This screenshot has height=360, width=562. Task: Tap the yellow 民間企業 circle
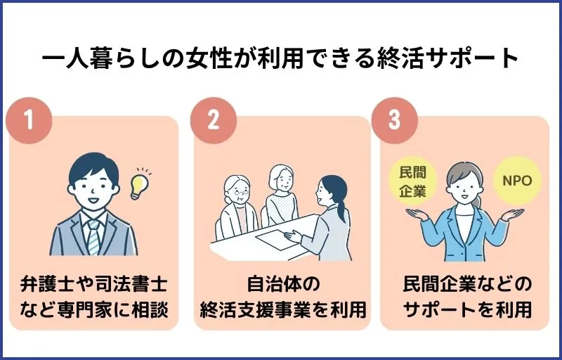coord(412,182)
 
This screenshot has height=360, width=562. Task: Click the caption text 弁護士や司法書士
coord(93,285)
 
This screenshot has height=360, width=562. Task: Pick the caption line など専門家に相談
coord(93,309)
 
